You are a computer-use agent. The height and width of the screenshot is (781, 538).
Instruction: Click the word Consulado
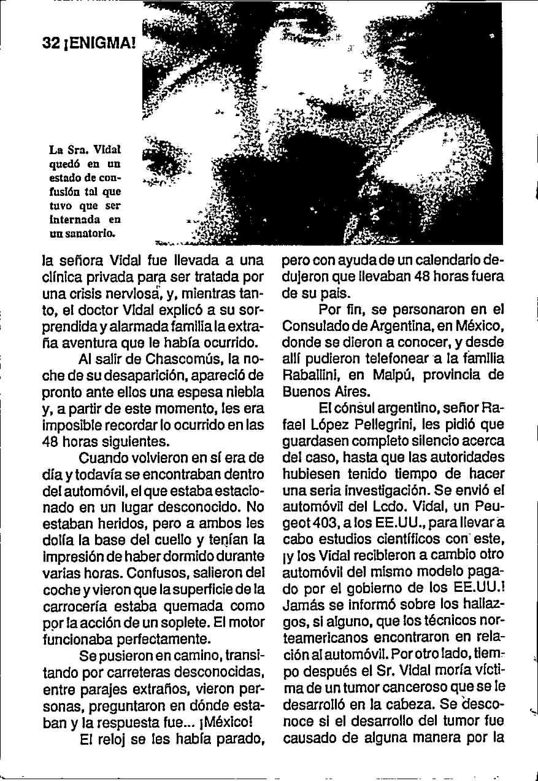pyautogui.click(x=313, y=325)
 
